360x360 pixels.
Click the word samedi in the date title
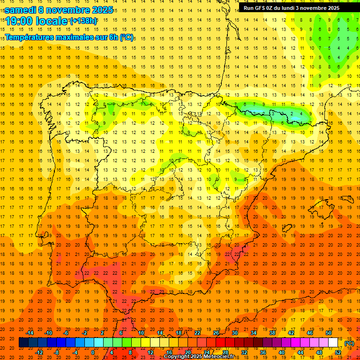pos(20,10)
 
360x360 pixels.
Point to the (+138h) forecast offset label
pos(83,21)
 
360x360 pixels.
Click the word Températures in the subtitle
pos(30,37)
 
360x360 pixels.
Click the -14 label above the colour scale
pos(30,333)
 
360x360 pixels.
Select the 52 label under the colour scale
pos(338,352)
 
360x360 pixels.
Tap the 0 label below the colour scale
pos(92,352)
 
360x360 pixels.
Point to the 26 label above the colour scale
pos(216,333)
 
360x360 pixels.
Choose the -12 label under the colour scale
pos(39,352)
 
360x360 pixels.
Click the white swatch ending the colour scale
pos(333,343)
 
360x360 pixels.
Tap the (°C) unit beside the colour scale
pos(349,343)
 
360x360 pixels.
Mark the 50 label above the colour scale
pos(329,333)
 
